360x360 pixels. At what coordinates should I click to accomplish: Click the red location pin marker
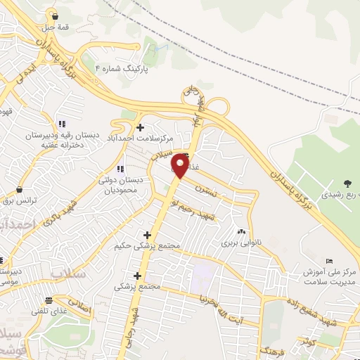181,166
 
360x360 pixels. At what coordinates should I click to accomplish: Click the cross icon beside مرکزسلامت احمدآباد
140,127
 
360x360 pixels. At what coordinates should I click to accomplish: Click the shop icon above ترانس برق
18,190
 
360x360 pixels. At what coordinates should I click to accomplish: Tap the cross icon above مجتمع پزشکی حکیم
147,235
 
